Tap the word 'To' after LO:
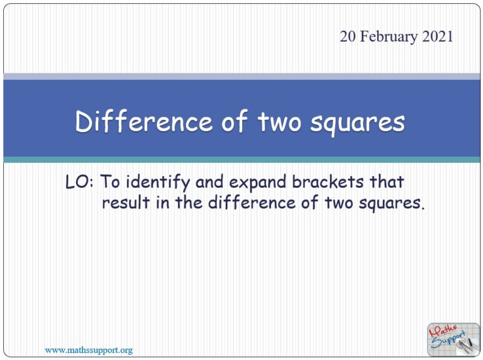pyautogui.click(x=111, y=183)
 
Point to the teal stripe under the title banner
pyautogui.click(x=241, y=160)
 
